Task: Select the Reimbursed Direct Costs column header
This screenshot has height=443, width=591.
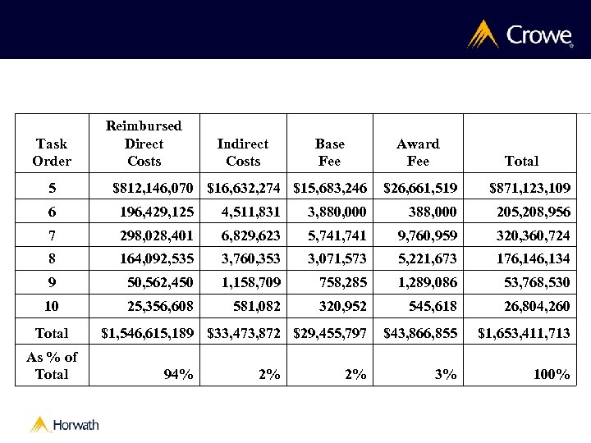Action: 144,144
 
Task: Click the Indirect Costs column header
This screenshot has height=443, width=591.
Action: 242,153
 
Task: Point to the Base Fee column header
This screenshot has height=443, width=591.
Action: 329,153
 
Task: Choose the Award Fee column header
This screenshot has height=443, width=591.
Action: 418,153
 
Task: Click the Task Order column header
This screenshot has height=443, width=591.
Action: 52,153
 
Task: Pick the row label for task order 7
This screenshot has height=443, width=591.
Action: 52,235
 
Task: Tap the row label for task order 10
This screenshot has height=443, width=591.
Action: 52,306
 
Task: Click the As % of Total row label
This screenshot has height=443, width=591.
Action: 52,366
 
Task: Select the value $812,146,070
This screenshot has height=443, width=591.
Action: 153,189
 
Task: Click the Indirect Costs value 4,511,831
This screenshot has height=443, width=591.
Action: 250,212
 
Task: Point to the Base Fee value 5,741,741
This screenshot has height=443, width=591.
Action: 337,235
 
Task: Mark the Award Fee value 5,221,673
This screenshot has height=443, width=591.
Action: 428,259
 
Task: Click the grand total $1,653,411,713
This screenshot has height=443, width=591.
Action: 524,333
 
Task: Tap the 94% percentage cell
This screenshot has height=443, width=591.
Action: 178,375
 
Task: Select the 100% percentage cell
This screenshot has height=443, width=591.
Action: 551,375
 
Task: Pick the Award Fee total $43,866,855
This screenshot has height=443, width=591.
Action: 420,333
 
